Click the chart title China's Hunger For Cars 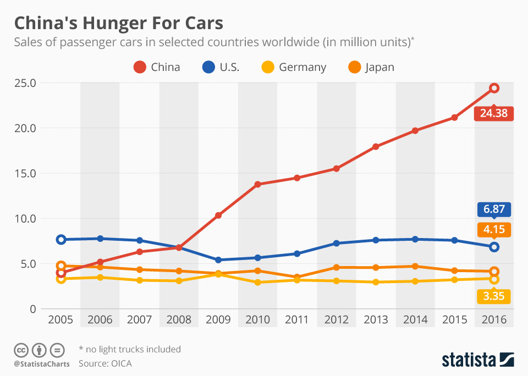(x=119, y=24)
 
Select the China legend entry (x=157, y=67)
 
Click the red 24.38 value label (x=493, y=114)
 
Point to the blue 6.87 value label (x=493, y=209)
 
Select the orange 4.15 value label (x=493, y=229)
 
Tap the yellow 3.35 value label (x=493, y=297)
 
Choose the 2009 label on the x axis (x=218, y=320)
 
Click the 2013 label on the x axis (x=376, y=320)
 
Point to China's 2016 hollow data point (x=494, y=88)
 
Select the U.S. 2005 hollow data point (x=61, y=240)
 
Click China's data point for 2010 (x=258, y=184)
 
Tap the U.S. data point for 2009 (x=218, y=260)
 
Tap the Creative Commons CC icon (x=21, y=350)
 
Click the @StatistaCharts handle (x=42, y=364)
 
